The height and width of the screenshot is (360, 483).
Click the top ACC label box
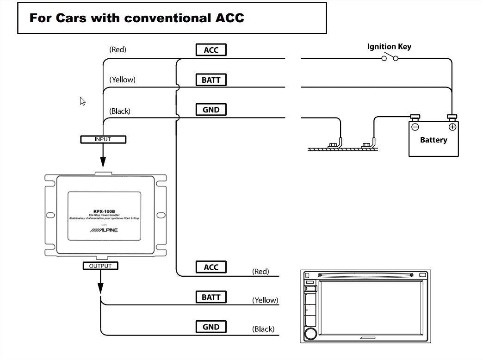[211, 50]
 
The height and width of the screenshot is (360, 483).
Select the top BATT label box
[211, 80]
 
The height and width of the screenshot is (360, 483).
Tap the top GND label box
[211, 110]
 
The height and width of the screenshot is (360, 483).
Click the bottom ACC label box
[211, 267]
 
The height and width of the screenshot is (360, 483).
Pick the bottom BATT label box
[211, 297]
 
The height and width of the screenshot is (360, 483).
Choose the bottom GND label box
[211, 327]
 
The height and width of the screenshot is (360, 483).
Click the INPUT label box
[103, 139]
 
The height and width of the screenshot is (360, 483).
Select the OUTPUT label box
[100, 266]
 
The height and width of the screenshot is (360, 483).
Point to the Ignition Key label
[389, 46]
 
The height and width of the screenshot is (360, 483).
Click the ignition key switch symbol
[390, 58]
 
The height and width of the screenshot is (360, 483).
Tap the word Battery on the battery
[433, 140]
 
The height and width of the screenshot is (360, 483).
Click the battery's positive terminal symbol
[452, 127]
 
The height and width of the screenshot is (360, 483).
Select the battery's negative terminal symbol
[415, 127]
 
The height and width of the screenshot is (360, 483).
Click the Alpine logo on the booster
[104, 230]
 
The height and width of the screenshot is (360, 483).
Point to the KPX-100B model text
[104, 211]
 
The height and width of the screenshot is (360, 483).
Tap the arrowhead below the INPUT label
[103, 161]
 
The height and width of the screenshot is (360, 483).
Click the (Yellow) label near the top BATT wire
[122, 80]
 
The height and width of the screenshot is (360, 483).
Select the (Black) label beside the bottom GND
[263, 329]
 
